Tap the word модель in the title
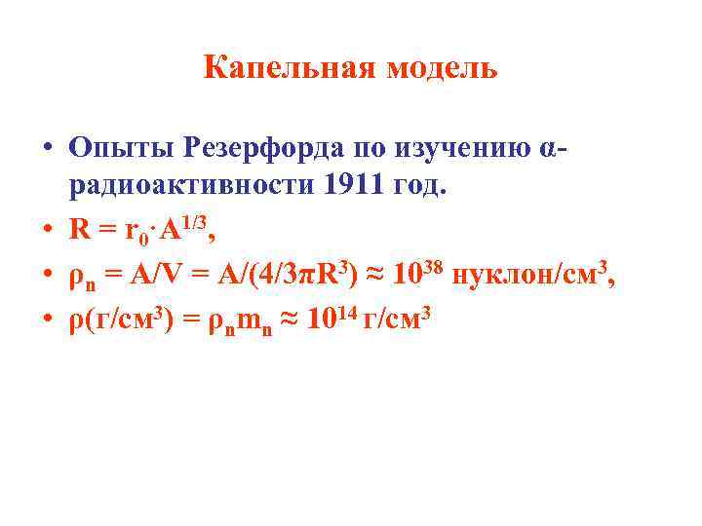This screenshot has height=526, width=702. click(443, 68)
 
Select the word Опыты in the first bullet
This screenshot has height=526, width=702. click(120, 148)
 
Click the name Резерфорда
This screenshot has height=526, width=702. click(261, 148)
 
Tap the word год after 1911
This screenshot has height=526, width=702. click(417, 186)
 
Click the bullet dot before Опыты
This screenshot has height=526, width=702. click(47, 149)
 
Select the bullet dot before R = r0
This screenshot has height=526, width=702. click(47, 231)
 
